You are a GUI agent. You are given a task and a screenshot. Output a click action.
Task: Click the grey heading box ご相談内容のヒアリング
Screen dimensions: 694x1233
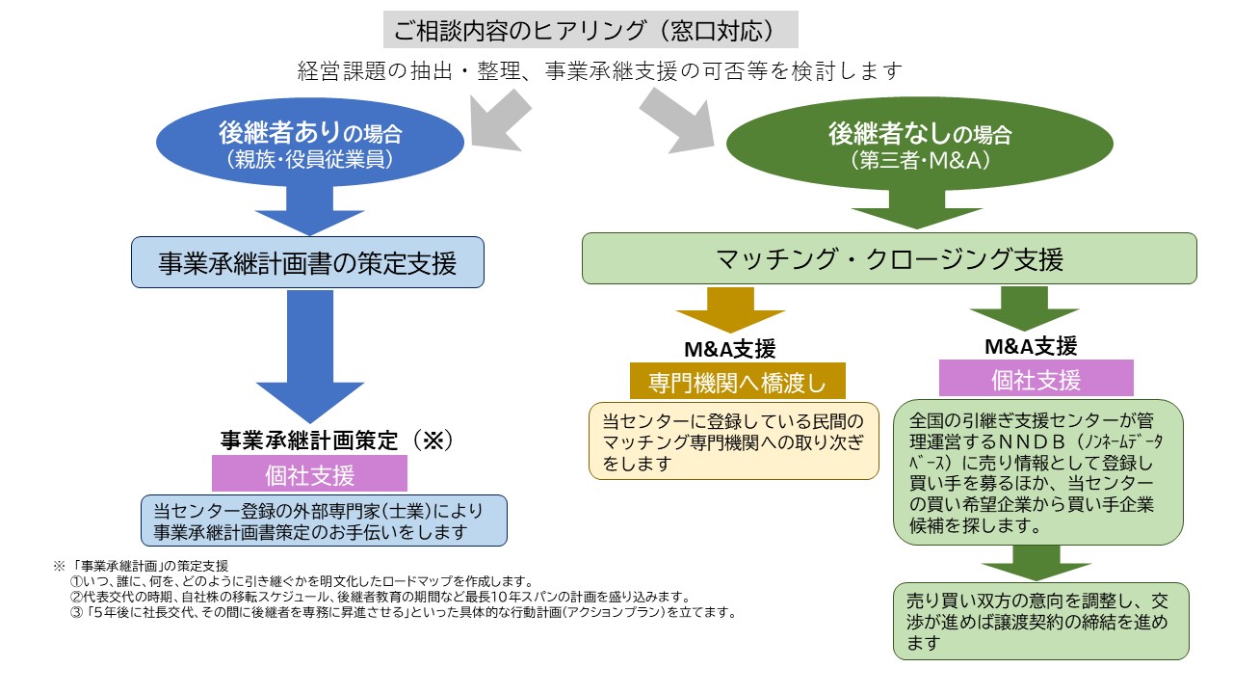[x=591, y=30]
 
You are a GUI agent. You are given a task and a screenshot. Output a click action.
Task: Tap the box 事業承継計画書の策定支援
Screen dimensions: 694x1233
[x=307, y=262]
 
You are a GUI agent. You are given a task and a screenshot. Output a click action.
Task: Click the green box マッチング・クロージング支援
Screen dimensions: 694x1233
[x=889, y=259]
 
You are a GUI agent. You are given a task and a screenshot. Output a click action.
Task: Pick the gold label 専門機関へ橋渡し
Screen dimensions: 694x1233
[x=737, y=382]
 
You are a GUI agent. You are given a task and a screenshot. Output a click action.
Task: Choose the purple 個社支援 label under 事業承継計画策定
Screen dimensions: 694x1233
[x=309, y=474]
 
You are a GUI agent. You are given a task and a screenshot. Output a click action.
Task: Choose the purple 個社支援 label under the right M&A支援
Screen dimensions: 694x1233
[x=1036, y=379]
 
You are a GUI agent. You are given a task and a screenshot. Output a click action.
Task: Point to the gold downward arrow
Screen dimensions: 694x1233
[x=730, y=309]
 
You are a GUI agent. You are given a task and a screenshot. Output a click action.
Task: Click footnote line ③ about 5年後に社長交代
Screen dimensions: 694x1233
[x=403, y=612]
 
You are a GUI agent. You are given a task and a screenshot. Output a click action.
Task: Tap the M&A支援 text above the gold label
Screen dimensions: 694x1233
[x=730, y=348]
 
